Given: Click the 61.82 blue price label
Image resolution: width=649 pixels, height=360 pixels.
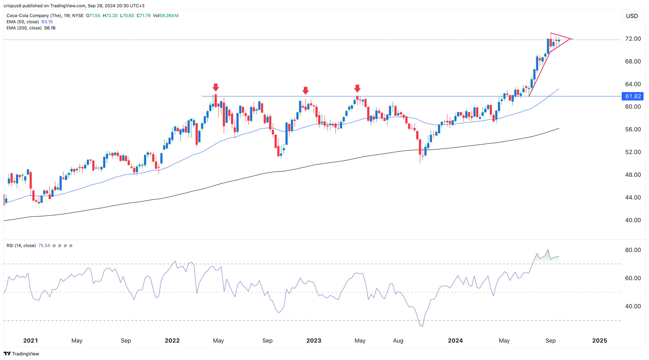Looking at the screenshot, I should pyautogui.click(x=633, y=96).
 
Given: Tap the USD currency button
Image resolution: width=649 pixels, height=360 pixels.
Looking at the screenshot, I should pyautogui.click(x=632, y=16).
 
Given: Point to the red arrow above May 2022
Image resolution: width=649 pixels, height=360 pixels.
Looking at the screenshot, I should pyautogui.click(x=216, y=87).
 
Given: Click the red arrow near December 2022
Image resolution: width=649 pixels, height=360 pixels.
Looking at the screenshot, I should pyautogui.click(x=305, y=91).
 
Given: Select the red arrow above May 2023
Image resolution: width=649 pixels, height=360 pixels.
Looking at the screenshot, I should pyautogui.click(x=357, y=88).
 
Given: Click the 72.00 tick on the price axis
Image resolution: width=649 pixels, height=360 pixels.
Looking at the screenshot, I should pyautogui.click(x=633, y=39).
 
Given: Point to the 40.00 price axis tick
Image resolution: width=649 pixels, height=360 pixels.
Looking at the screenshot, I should pyautogui.click(x=633, y=220).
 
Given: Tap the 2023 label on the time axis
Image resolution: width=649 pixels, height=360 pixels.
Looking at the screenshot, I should pyautogui.click(x=314, y=341).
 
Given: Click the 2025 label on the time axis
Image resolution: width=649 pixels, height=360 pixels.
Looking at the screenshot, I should pyautogui.click(x=600, y=341).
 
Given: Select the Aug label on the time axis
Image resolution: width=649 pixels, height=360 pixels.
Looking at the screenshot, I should pyautogui.click(x=398, y=341).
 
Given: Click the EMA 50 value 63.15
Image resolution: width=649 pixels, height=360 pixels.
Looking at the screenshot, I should pyautogui.click(x=47, y=22).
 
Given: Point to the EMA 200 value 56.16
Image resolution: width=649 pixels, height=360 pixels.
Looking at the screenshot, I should pyautogui.click(x=50, y=28).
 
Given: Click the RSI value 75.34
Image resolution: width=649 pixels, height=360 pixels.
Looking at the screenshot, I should pyautogui.click(x=44, y=246).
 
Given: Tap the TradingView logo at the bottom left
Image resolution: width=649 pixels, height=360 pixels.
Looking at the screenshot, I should pyautogui.click(x=21, y=354).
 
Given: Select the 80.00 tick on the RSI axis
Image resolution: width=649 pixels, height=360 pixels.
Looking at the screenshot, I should pyautogui.click(x=633, y=250).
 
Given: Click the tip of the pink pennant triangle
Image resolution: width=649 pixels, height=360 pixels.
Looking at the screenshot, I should pyautogui.click(x=572, y=39).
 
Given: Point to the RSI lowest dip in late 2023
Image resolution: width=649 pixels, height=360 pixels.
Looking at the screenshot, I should pyautogui.click(x=422, y=326).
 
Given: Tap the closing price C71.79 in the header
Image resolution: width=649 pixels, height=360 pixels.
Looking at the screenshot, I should pyautogui.click(x=144, y=16).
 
